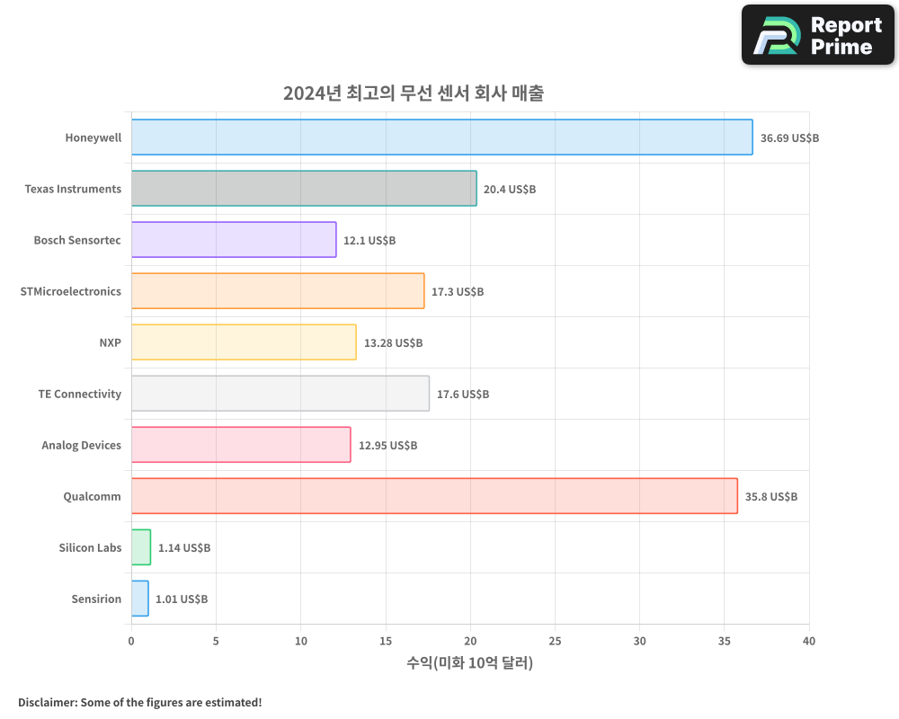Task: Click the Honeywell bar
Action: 441,138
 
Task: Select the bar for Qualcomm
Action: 434,496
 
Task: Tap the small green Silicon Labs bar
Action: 141,547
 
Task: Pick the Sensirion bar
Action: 139,599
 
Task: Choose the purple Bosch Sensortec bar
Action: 234,240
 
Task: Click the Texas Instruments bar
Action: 304,189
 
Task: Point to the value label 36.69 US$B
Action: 789,138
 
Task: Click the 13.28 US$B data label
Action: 393,343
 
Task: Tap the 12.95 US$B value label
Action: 387,446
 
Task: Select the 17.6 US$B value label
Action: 462,395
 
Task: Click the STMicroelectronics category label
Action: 70,291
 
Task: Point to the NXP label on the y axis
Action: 110,342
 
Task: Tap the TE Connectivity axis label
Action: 79,394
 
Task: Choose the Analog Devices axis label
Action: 81,445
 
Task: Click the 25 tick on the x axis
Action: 555,641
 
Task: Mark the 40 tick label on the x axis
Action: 809,641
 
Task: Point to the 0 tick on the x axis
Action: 131,641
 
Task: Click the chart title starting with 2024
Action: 413,93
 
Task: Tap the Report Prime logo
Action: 818,35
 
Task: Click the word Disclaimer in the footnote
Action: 46,702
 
